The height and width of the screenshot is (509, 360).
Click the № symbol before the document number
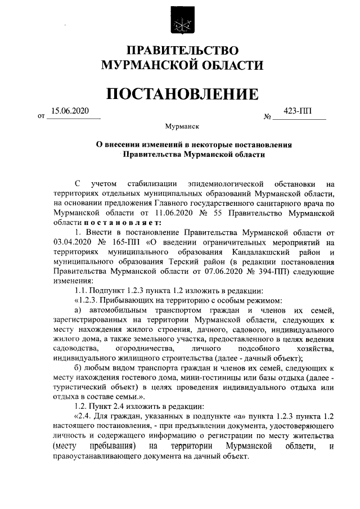(x=268, y=117)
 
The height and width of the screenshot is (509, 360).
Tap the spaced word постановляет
(x=110, y=224)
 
